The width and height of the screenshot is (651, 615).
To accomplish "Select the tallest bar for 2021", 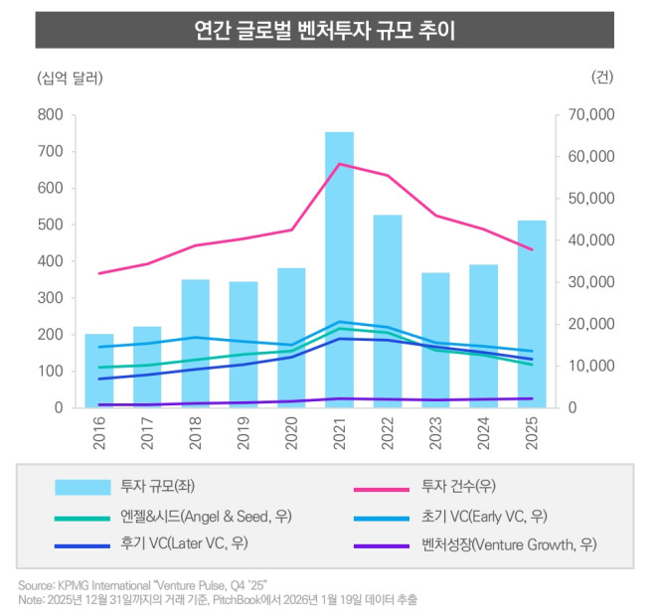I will tap(340, 269).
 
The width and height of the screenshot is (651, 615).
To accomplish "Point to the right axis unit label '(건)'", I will tap(602, 77).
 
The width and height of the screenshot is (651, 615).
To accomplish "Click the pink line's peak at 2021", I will tap(340, 164).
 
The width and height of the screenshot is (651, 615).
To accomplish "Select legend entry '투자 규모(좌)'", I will tap(149, 487).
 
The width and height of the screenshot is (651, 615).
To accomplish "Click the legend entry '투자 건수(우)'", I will tap(458, 487).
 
